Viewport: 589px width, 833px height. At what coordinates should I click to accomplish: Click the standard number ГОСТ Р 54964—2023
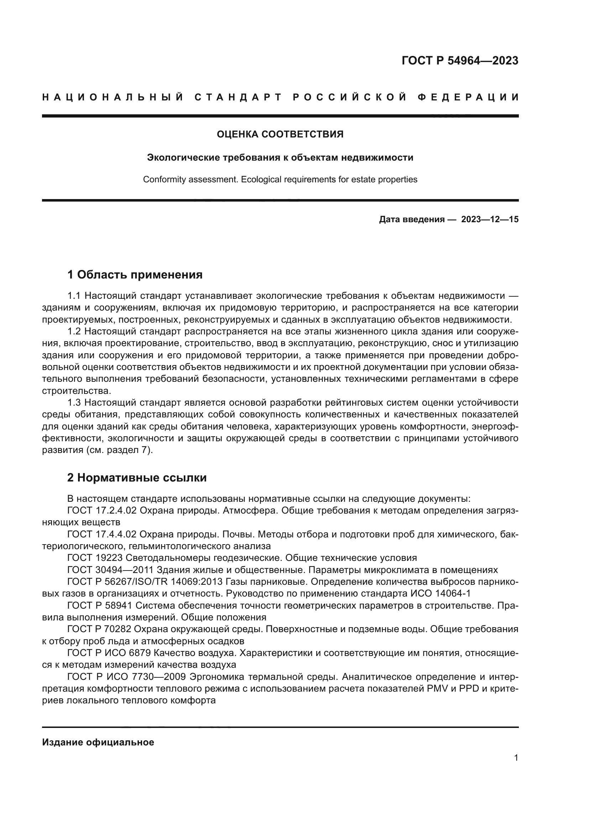[459, 61]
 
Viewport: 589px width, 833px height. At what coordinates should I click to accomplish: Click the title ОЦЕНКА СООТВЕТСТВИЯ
[280, 134]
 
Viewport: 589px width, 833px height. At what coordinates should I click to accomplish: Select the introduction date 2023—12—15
[490, 219]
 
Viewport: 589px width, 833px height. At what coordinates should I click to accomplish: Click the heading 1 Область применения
[135, 275]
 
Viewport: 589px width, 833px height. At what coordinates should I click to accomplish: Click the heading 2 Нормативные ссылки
[137, 478]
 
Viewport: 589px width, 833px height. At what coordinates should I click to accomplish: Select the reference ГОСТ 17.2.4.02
[102, 510]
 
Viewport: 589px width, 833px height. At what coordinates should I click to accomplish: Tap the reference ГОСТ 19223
[95, 558]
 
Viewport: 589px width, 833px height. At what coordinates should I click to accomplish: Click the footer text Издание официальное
[98, 742]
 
